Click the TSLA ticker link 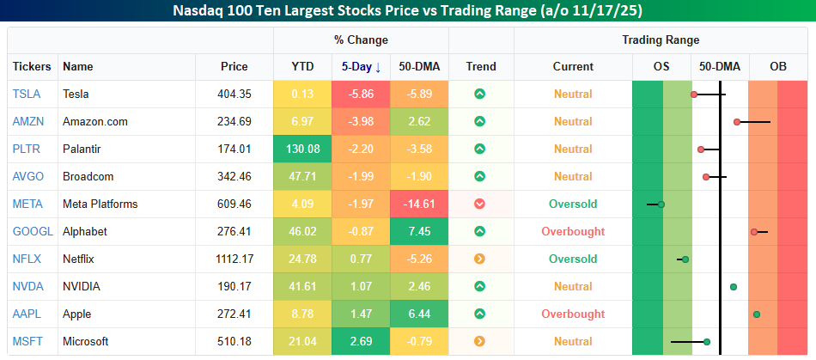tap(26, 94)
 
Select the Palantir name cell tap(82, 149)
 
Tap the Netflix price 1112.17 tap(234, 259)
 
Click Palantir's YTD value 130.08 tap(302, 149)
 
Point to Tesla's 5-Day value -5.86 tap(361, 94)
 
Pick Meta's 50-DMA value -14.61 tap(419, 204)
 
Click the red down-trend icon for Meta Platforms tap(480, 204)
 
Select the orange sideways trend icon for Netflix tap(480, 259)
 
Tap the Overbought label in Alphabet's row tap(573, 231)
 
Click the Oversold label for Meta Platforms tap(573, 204)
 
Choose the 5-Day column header tap(361, 66)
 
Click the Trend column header tap(481, 66)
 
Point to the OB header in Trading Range tap(777, 66)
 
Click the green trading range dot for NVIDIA tap(734, 286)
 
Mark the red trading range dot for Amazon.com tap(737, 122)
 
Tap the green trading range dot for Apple tap(757, 314)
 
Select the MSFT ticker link tap(27, 341)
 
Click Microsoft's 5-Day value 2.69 tap(361, 341)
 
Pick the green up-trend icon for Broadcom tap(480, 176)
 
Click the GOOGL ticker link tap(33, 231)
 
